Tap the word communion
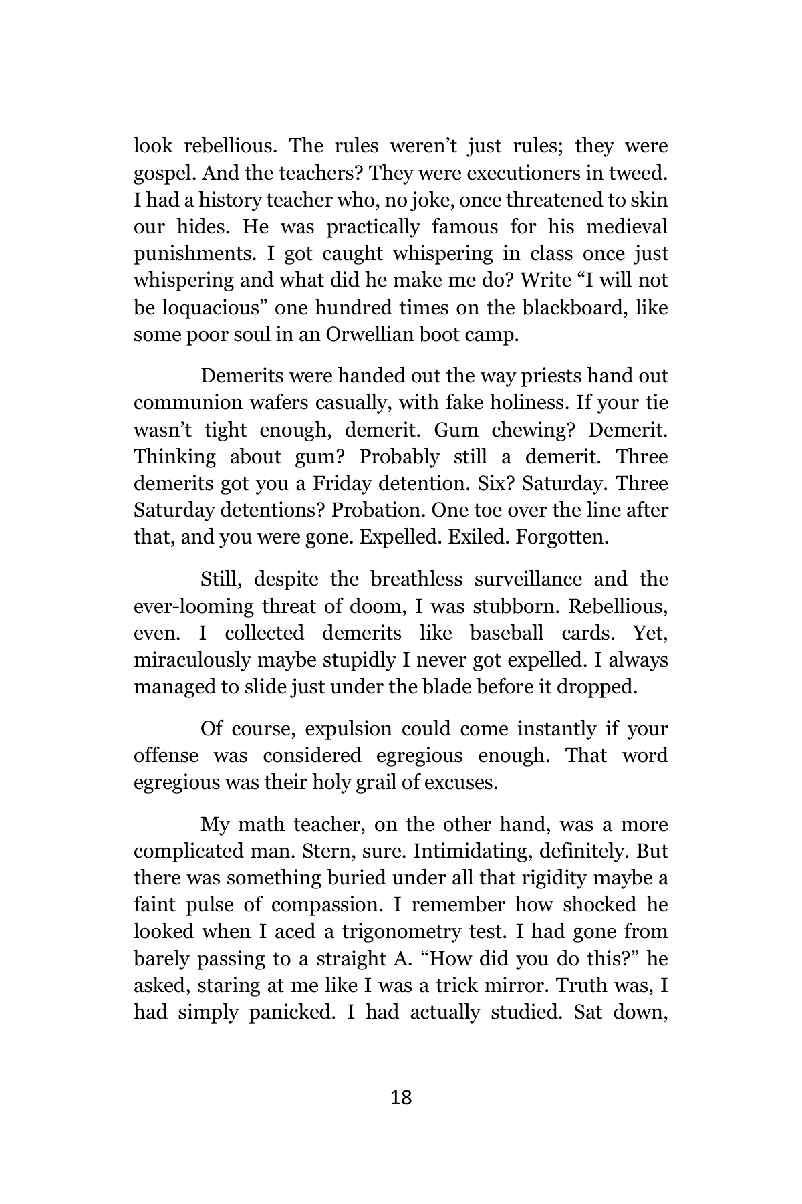click(x=178, y=403)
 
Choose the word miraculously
click(x=192, y=660)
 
